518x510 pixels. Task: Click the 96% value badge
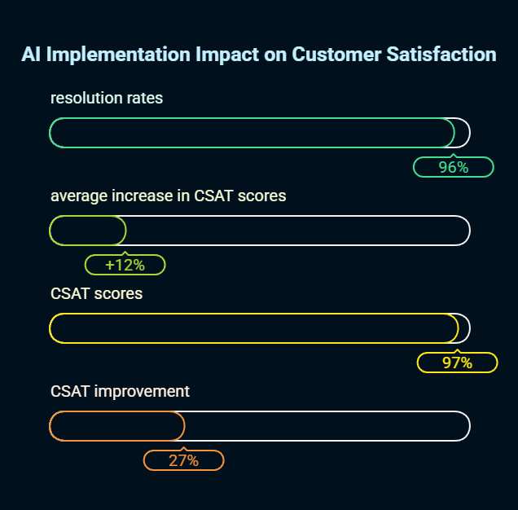click(454, 167)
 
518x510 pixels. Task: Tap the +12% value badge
click(125, 265)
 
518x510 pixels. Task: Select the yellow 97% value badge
click(457, 363)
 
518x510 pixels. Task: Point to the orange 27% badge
click(183, 460)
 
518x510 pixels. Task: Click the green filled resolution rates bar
click(252, 133)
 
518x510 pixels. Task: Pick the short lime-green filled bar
click(88, 231)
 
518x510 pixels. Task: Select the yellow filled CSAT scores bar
click(253, 328)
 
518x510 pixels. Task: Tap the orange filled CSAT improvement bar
click(117, 426)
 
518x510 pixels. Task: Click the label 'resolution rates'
click(107, 99)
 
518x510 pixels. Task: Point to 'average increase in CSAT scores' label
click(168, 196)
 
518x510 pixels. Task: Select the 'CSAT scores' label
click(96, 293)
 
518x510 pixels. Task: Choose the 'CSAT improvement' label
click(120, 391)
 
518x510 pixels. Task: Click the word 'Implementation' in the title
click(118, 55)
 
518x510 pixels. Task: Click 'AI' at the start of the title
click(31, 55)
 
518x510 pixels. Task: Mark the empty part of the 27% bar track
click(326, 426)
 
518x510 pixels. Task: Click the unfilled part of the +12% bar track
click(297, 231)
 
